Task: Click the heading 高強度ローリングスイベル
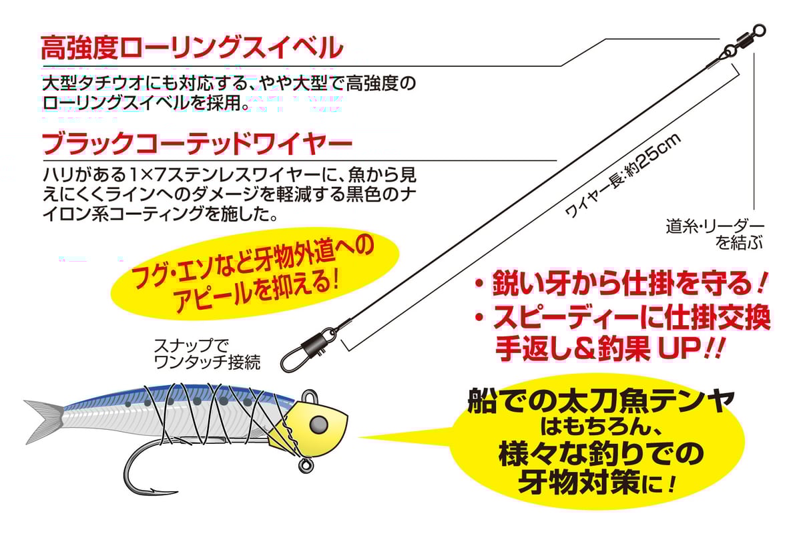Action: tap(192, 49)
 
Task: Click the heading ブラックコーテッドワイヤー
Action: tap(196, 144)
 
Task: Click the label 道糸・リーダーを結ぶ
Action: tap(714, 234)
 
